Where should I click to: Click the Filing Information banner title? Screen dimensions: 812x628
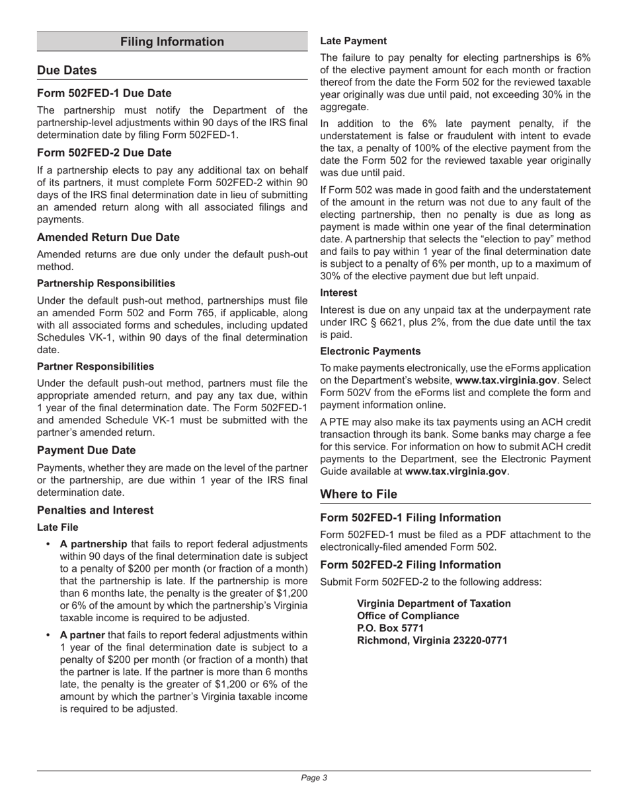coord(172,42)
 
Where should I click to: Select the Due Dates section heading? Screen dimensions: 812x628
coord(67,70)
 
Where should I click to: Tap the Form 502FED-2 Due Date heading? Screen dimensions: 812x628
coord(104,152)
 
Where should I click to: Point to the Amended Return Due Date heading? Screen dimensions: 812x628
coord(108,237)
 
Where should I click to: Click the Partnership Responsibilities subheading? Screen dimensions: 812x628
coord(106,283)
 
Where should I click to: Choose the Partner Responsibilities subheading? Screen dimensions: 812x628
coord(95,366)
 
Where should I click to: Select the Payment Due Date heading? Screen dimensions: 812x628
coord(87,450)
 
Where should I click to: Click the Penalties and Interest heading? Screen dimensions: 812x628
coord(95,510)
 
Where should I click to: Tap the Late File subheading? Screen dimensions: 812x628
coord(58,527)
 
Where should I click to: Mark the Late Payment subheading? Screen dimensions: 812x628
coord(354,41)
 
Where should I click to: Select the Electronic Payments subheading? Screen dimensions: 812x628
coord(370,351)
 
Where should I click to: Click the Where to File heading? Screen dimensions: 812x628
coord(359,494)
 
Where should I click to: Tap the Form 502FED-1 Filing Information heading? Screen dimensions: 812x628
coord(411,518)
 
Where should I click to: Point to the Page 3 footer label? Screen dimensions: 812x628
coord(314,778)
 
